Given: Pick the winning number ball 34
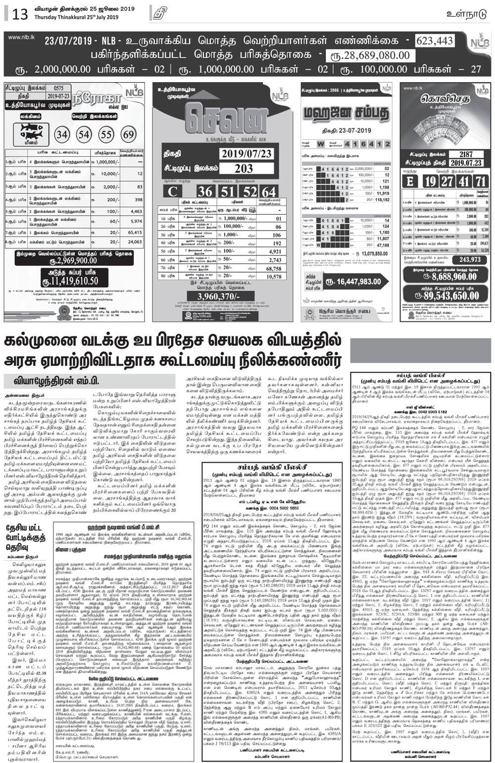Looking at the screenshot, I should (x=62, y=135).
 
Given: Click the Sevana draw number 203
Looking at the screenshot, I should (x=244, y=168).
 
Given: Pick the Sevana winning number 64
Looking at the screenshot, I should (x=269, y=192).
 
